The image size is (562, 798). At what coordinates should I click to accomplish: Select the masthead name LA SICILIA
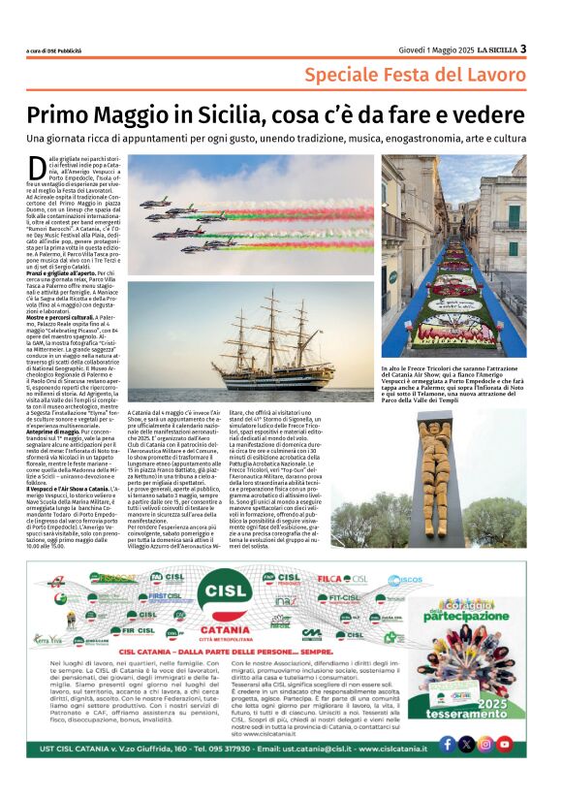(x=492, y=50)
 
